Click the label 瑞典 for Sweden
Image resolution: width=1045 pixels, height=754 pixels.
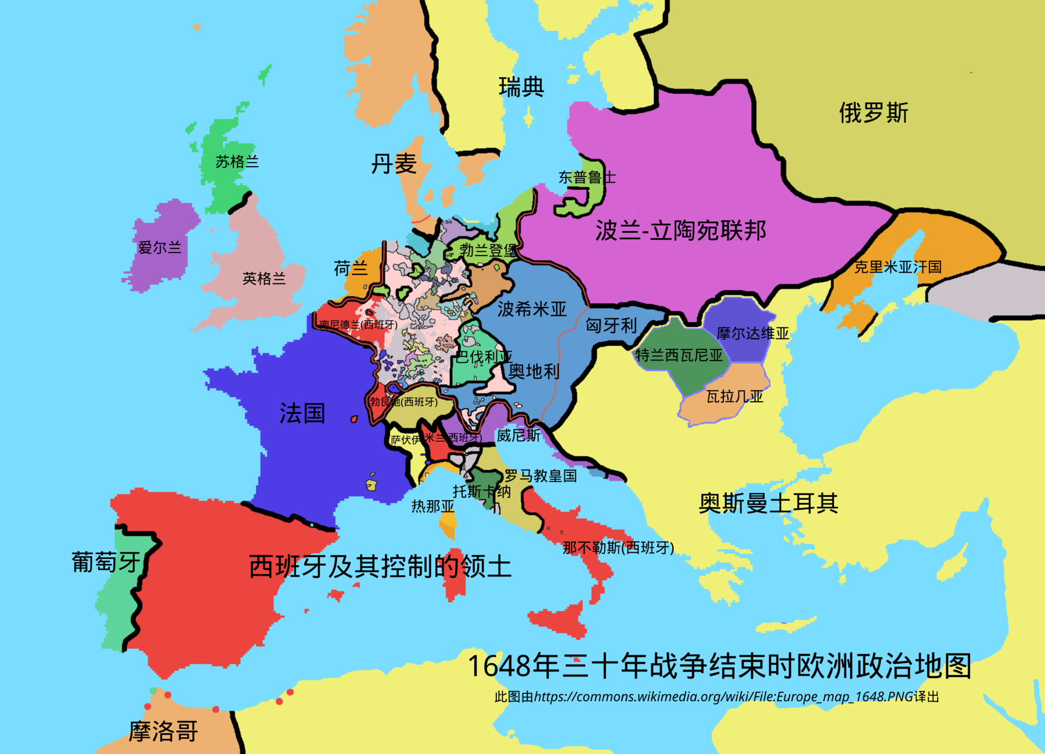pos(521,87)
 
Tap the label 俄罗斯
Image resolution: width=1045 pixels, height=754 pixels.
pos(873,113)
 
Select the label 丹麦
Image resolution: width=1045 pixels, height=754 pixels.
pos(394,164)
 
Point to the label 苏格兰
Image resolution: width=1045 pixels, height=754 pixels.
pos(237,161)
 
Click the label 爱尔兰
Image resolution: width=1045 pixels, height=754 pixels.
pos(160,248)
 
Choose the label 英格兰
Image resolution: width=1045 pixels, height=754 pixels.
pos(264,279)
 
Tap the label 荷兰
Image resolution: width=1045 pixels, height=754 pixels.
pos(351,268)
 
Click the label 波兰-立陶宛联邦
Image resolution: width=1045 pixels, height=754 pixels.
pos(680,230)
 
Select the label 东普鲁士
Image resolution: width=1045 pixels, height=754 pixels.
pos(586,178)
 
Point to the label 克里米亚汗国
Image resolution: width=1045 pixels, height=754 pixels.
pos(898,267)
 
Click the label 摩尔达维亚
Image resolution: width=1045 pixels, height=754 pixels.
pos(752,333)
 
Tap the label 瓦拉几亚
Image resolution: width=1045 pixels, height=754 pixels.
pos(734,396)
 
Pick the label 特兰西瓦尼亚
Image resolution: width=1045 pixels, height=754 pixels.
pos(679,355)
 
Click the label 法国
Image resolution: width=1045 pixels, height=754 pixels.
pos(302,413)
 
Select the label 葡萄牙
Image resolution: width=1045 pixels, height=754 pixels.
pos(106,562)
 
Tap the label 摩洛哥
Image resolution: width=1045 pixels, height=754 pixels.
pos(163,731)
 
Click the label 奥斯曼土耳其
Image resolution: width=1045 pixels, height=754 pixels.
pos(768,503)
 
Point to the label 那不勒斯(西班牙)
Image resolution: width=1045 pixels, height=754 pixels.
pos(618,547)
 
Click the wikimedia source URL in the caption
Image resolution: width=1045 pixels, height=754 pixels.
pos(723,697)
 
